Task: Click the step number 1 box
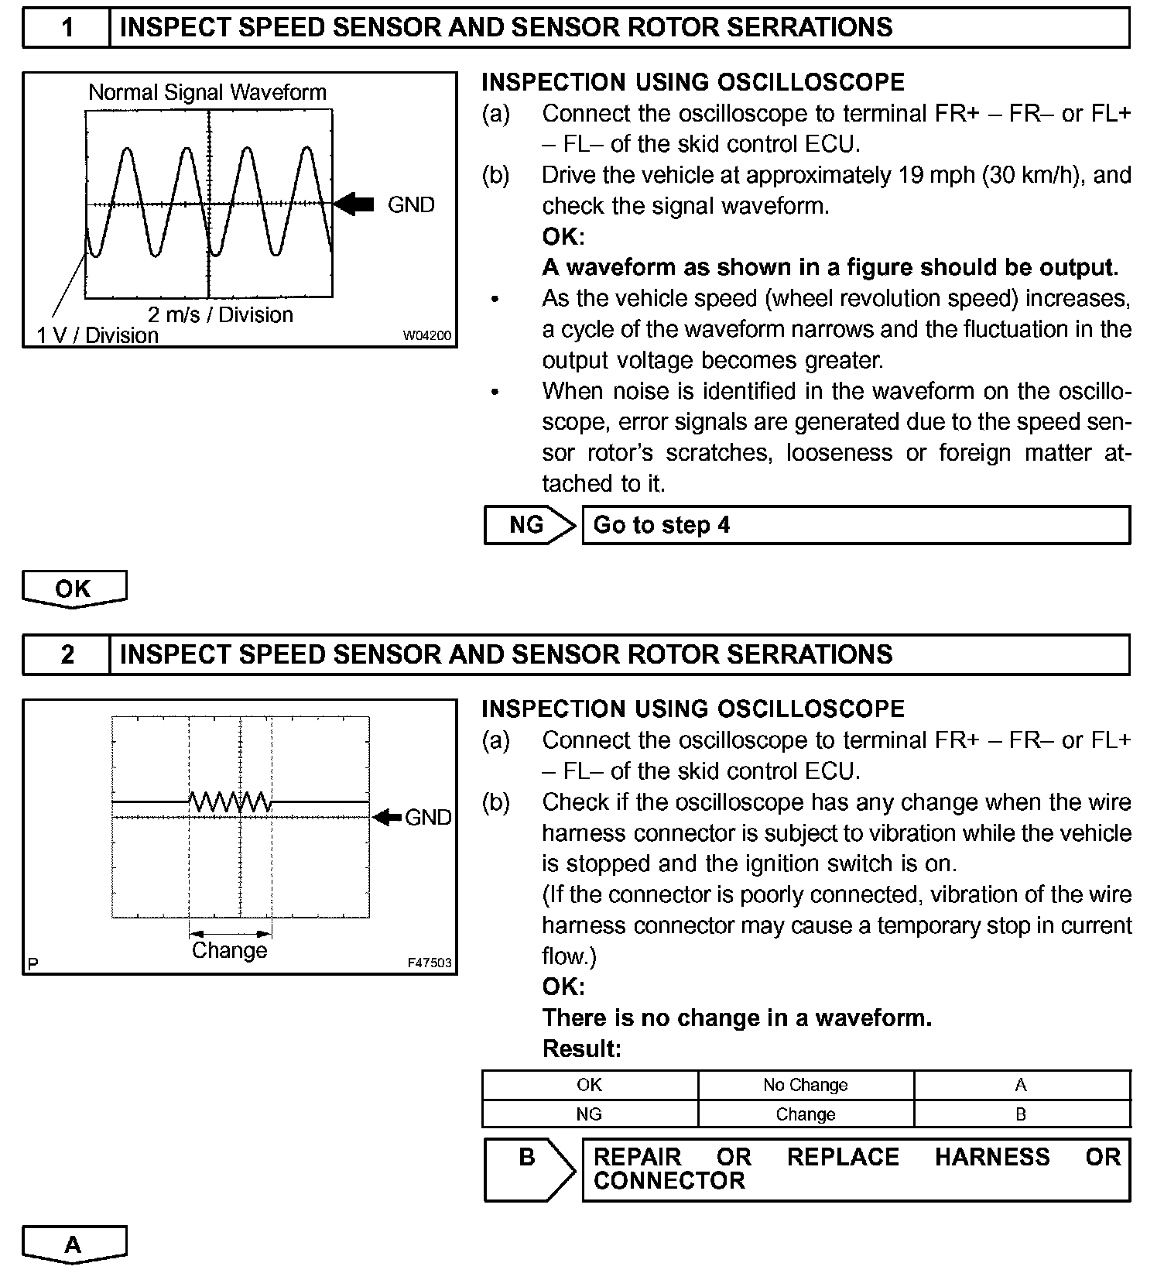(x=67, y=28)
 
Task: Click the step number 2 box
(x=67, y=655)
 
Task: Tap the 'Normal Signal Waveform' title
(x=207, y=93)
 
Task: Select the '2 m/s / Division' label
(x=221, y=314)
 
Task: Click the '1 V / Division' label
(x=98, y=335)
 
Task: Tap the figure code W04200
(x=426, y=336)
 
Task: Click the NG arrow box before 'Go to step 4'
(x=527, y=525)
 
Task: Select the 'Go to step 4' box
(x=855, y=525)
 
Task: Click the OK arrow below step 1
(x=74, y=589)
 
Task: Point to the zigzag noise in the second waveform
(x=230, y=801)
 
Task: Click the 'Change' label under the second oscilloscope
(x=229, y=950)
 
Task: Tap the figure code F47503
(x=429, y=963)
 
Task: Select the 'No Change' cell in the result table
(x=805, y=1085)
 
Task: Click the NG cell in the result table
(x=589, y=1114)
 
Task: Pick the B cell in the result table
(x=1021, y=1114)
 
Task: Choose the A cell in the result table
(x=1021, y=1085)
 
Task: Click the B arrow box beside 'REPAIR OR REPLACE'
(x=527, y=1169)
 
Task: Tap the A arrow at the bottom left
(x=74, y=1245)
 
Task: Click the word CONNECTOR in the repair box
(x=669, y=1181)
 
